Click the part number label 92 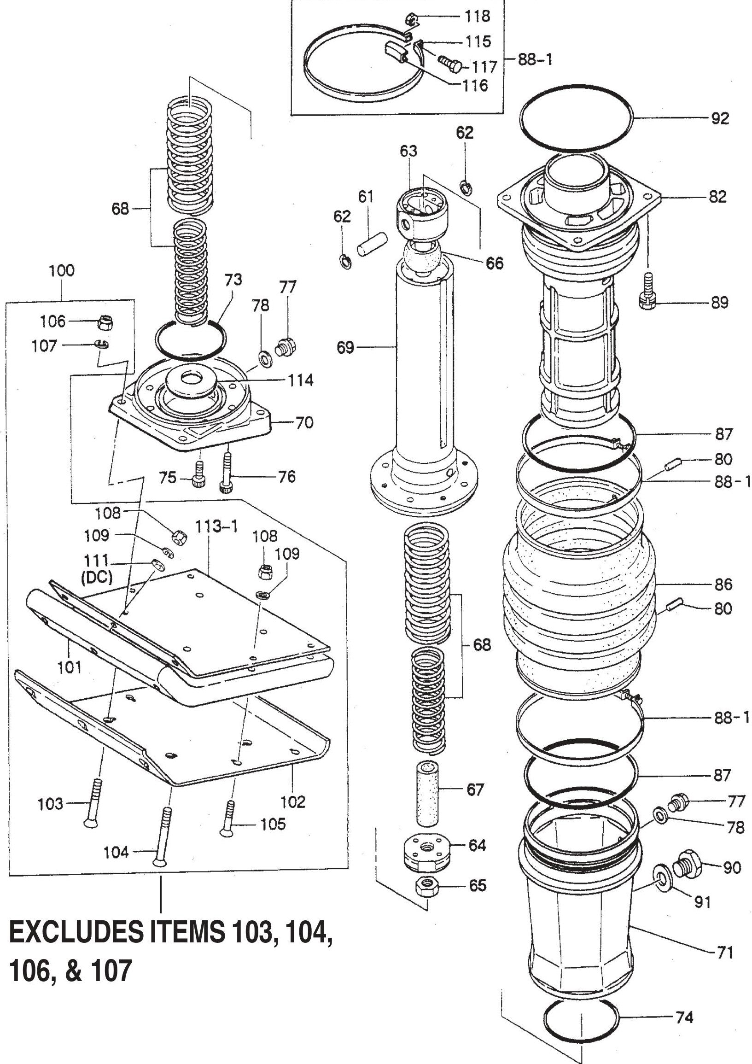click(719, 119)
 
